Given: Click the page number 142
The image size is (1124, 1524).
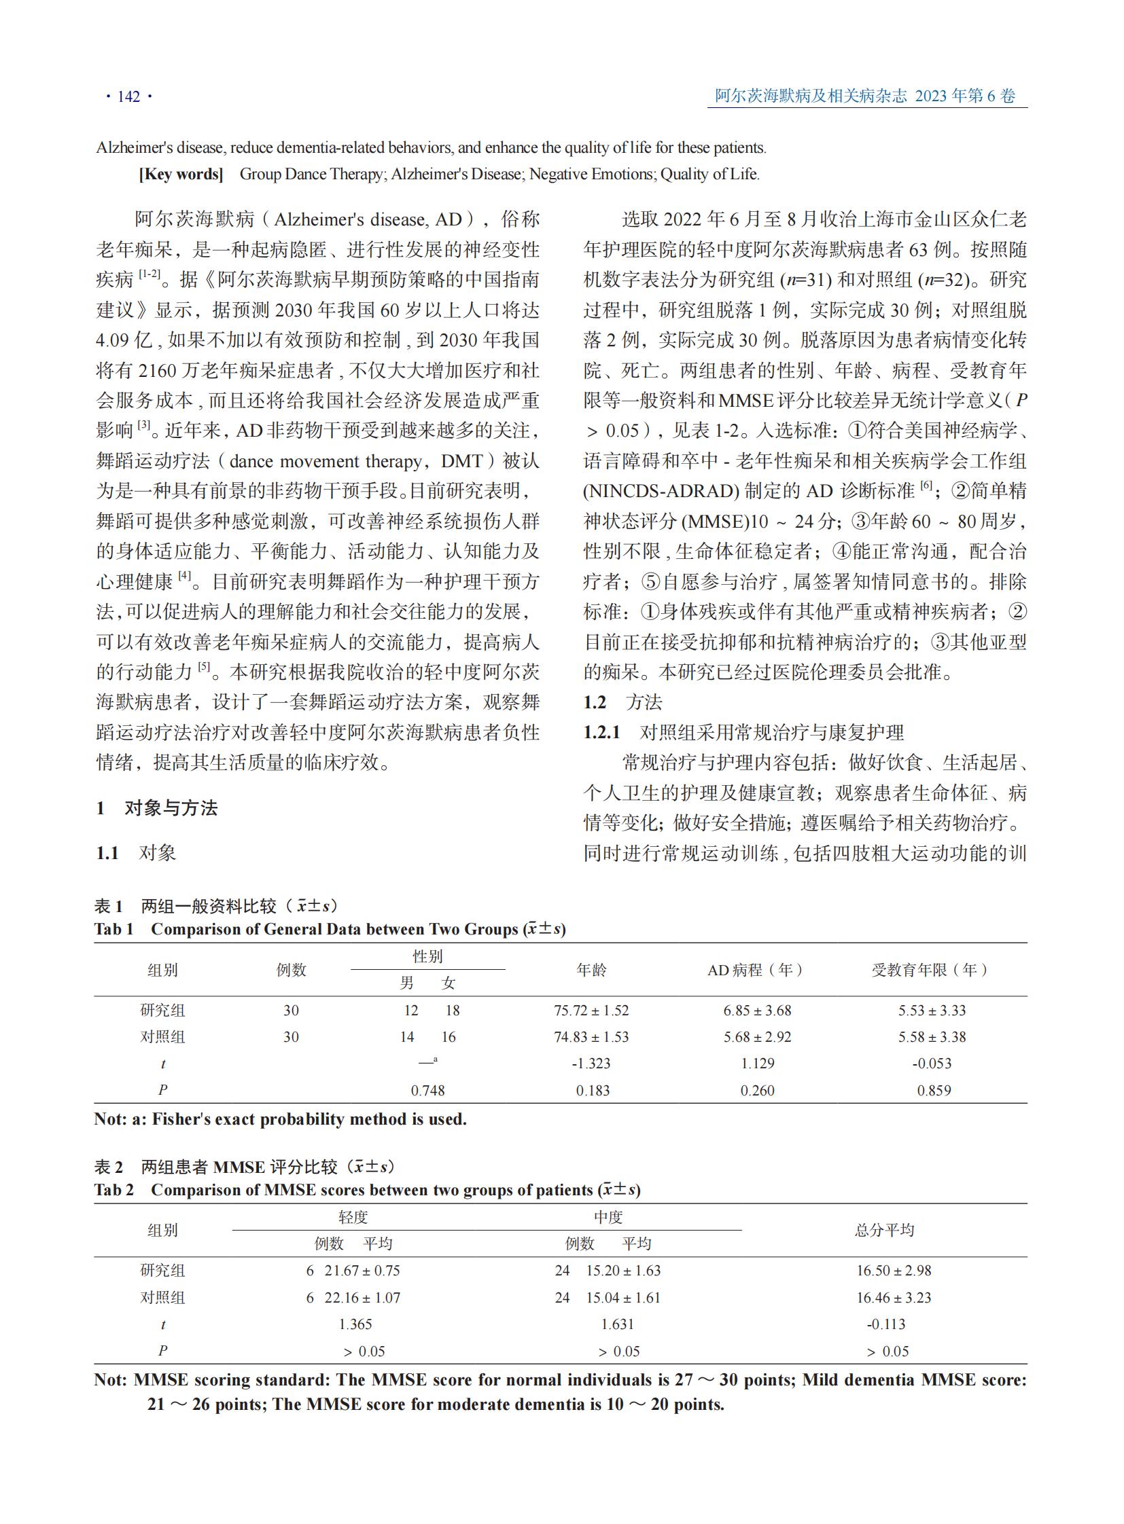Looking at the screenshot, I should coord(128,96).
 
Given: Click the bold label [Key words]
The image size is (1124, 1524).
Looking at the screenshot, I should coord(181,174).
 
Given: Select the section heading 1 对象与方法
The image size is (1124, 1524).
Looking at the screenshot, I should coord(157,808).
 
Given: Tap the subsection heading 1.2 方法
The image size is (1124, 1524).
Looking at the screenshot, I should coord(622,702).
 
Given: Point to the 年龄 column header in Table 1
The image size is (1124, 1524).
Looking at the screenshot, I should coord(591,970).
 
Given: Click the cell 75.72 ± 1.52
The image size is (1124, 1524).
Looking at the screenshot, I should coord(591,1011).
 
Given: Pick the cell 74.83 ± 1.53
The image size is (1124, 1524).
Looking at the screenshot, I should coord(591,1037).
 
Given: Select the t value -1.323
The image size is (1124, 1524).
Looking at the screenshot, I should coord(591,1064).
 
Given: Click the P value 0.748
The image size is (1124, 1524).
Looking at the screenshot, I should coord(427,1091).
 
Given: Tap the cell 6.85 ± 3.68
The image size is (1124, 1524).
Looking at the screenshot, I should coord(757,1011).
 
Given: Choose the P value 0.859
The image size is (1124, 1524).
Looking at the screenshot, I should coord(934,1091).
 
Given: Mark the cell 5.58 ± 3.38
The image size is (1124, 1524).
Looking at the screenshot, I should coord(932,1037).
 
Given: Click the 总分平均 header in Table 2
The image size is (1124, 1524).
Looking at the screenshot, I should coord(885,1229).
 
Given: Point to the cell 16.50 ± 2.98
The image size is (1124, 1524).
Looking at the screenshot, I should coord(894,1271).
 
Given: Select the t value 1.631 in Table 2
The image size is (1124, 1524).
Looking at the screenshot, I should coord(617,1324).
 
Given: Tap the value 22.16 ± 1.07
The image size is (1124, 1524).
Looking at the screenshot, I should coord(362,1298).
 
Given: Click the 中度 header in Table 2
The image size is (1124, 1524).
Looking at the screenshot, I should coord(608,1216).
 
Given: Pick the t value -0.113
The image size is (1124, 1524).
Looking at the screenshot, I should coord(886,1324).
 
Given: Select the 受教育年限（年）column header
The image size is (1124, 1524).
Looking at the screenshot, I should coord(930,970).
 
